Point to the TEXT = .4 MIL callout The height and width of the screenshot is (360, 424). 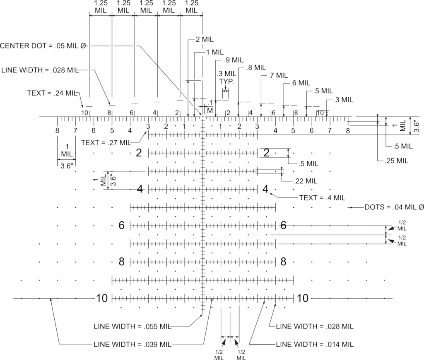[x=322, y=197]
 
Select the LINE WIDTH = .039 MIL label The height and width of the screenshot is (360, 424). [x=133, y=344]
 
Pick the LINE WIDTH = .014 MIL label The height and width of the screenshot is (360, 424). [x=315, y=344]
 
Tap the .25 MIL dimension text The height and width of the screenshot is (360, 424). [x=396, y=160]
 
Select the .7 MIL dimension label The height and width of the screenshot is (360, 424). [x=277, y=75]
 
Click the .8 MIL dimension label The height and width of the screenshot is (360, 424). [x=255, y=67]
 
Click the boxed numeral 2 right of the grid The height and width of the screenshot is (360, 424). [x=267, y=153]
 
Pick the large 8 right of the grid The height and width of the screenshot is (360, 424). [x=283, y=262]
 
